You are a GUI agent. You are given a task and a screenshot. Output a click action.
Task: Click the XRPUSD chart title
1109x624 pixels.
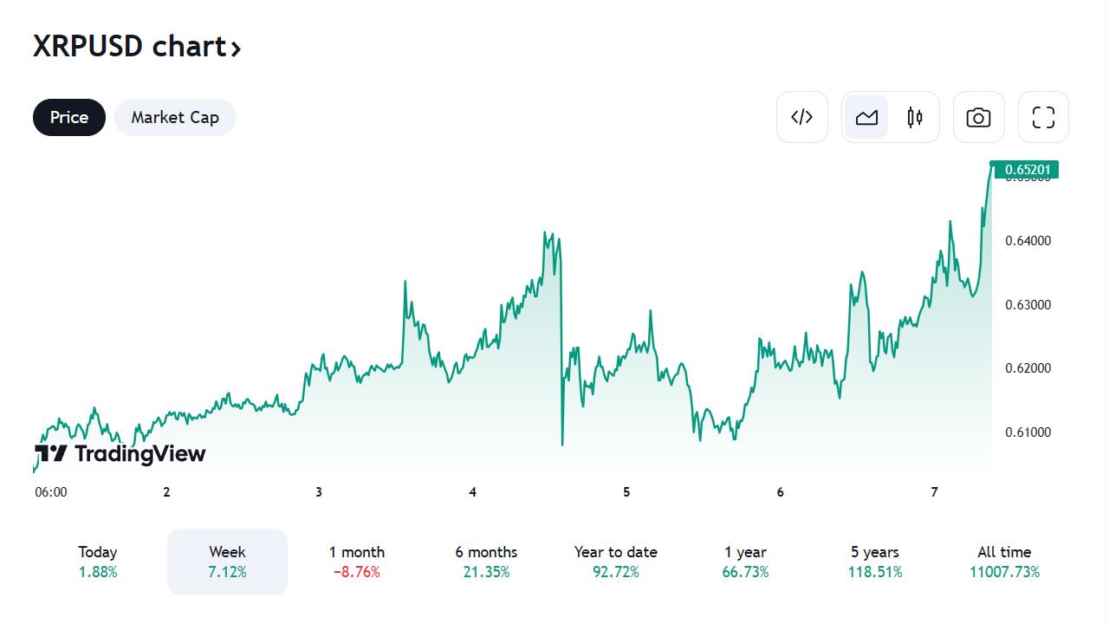click(136, 46)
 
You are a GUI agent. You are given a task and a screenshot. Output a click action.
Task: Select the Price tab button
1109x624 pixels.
click(69, 118)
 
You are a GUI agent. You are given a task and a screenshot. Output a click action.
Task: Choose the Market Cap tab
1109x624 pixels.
click(175, 118)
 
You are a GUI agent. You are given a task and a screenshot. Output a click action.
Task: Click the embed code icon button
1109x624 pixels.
click(801, 117)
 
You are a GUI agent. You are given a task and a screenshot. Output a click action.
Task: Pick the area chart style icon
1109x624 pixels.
click(866, 117)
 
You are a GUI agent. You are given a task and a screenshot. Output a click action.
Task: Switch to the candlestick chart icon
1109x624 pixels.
click(915, 117)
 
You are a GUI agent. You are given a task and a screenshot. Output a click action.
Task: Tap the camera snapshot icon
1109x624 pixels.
click(978, 117)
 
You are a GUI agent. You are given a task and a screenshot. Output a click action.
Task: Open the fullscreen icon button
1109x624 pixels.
click(1043, 117)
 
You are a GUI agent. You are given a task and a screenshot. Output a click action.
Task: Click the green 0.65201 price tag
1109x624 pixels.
click(1027, 169)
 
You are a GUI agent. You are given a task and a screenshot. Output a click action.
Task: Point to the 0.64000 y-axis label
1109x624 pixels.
click(1028, 241)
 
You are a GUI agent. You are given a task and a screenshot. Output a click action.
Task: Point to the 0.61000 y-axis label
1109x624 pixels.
click(1028, 432)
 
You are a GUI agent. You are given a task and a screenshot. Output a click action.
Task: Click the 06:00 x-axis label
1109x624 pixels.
click(51, 492)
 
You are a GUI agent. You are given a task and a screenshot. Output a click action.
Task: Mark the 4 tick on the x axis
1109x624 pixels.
click(472, 492)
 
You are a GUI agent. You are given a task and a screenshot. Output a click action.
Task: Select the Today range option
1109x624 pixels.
click(98, 562)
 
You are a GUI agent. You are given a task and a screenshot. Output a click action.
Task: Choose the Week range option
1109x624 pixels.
click(227, 562)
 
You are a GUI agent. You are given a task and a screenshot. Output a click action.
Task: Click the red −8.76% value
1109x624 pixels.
click(357, 572)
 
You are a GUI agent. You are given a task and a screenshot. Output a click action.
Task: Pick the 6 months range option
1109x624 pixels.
click(486, 562)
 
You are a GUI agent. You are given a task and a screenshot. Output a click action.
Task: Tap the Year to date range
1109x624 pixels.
click(615, 562)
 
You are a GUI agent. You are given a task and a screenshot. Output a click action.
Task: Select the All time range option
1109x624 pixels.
click(1004, 562)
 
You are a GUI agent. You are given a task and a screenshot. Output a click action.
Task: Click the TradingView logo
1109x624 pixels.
click(120, 453)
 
